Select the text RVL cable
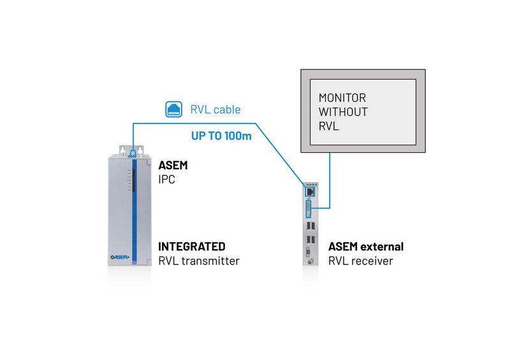215,110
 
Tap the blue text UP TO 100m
221,136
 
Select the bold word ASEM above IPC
173,166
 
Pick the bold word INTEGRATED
192,247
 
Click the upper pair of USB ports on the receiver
310,227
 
